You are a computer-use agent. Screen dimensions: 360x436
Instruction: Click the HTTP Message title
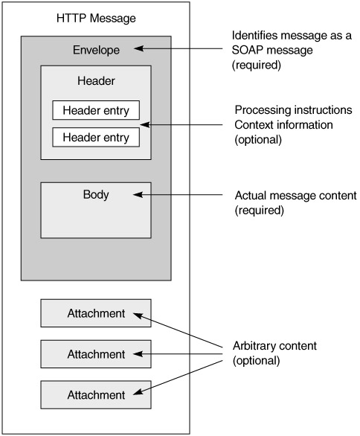point(96,19)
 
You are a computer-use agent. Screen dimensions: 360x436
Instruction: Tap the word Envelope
point(96,51)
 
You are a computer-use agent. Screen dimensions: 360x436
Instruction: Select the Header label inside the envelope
point(96,81)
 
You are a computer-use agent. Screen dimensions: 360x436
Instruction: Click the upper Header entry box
point(96,110)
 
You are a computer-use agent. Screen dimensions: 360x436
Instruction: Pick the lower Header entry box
point(96,137)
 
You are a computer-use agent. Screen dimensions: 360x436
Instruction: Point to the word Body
point(96,194)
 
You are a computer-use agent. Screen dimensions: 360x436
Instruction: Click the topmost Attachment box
point(96,313)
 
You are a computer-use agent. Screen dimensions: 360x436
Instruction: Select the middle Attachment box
point(96,354)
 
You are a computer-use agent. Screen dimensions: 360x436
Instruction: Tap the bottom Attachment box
point(96,395)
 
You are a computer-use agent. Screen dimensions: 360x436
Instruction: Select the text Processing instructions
point(293,110)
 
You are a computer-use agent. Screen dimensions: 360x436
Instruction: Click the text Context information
point(283,125)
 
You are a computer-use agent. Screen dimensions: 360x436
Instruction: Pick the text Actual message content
point(295,196)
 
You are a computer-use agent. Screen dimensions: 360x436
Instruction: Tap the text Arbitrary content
point(274,346)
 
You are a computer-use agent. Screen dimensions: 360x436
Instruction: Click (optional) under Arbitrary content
point(257,361)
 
